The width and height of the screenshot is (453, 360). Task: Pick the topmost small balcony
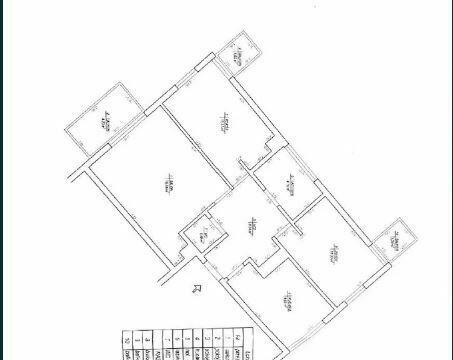[238, 54]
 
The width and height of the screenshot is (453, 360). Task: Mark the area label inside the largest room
[168, 186]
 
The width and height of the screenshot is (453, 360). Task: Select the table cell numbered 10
[125, 340]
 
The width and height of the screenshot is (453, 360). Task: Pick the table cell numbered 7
[163, 340]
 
